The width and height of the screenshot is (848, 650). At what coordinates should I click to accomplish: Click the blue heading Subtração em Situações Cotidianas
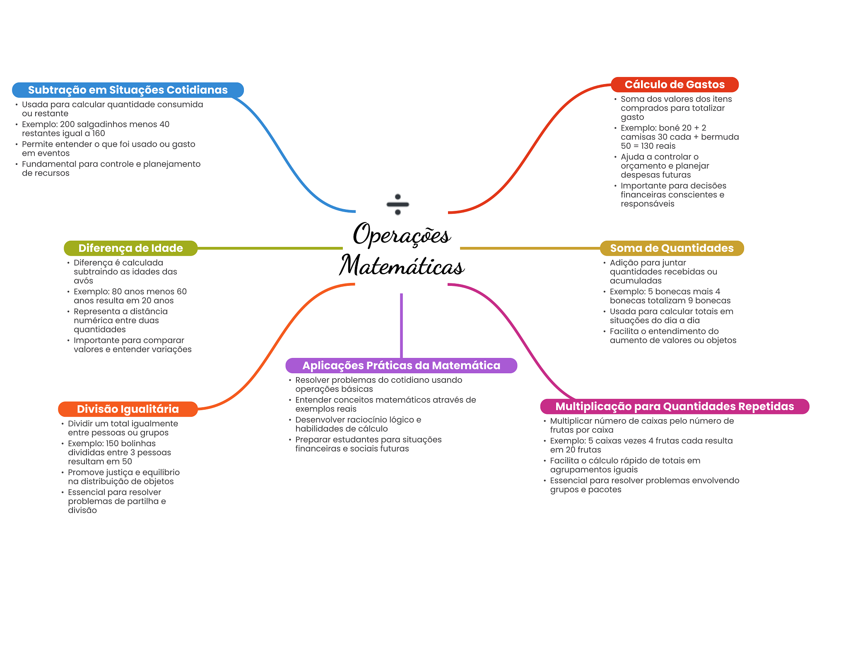pos(128,90)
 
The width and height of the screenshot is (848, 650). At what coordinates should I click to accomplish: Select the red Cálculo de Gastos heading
pos(675,85)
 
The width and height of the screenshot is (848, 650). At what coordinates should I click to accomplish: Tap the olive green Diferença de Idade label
pos(131,248)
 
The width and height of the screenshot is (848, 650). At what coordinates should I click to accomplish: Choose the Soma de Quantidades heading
pos(672,248)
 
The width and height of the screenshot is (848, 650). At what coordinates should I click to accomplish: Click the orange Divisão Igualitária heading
pos(128,409)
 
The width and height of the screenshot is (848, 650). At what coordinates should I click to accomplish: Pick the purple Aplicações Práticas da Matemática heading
pos(401,365)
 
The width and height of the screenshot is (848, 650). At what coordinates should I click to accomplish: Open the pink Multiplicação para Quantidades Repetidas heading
pos(675,406)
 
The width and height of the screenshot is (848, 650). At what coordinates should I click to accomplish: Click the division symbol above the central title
pos(398,204)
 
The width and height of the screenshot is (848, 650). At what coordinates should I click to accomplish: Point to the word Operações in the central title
pos(402,234)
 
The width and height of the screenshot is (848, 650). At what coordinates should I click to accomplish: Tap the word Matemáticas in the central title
pos(402,265)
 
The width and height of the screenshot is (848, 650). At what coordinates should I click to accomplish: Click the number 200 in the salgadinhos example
pos(67,124)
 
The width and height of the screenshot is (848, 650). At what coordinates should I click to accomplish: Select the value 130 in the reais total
pos(648,146)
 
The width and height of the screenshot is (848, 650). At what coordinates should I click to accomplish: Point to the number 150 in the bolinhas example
pos(112,443)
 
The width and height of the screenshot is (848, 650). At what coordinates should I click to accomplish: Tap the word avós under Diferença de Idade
pos(83,280)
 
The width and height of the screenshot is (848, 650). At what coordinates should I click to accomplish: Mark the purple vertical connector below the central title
pos(401,326)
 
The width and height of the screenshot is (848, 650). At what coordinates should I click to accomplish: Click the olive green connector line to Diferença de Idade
pos(270,248)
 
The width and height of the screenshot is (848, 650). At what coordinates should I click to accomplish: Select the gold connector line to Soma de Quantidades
pos(530,248)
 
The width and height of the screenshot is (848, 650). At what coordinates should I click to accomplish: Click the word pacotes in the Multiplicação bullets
pos(605,490)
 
